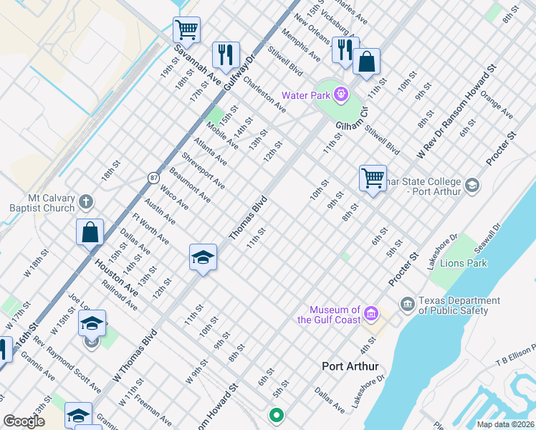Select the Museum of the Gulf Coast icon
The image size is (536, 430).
370,313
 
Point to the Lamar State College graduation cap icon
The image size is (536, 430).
472,186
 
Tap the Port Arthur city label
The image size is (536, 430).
350,366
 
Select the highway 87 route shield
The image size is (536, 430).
154,177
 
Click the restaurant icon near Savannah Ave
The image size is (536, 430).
226,55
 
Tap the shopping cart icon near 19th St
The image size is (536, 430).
186,31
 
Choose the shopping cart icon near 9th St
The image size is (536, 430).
373,177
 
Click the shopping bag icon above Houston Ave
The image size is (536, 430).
90,233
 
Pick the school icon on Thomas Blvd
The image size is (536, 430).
203,257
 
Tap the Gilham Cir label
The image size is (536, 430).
352,123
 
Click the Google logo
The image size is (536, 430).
24,421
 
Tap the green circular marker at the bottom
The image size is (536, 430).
275,414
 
